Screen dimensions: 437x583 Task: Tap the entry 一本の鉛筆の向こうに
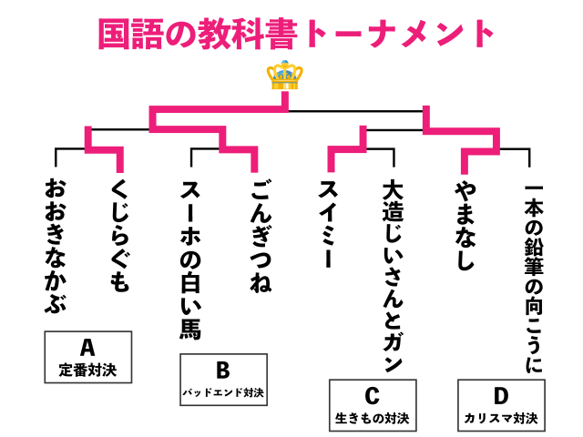[534, 278]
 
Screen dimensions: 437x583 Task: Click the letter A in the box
[87, 348]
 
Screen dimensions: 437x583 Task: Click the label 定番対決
[87, 371]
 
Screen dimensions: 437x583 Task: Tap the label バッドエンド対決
[223, 393]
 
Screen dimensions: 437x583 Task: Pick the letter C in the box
[371, 396]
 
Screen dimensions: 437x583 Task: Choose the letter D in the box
[501, 396]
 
